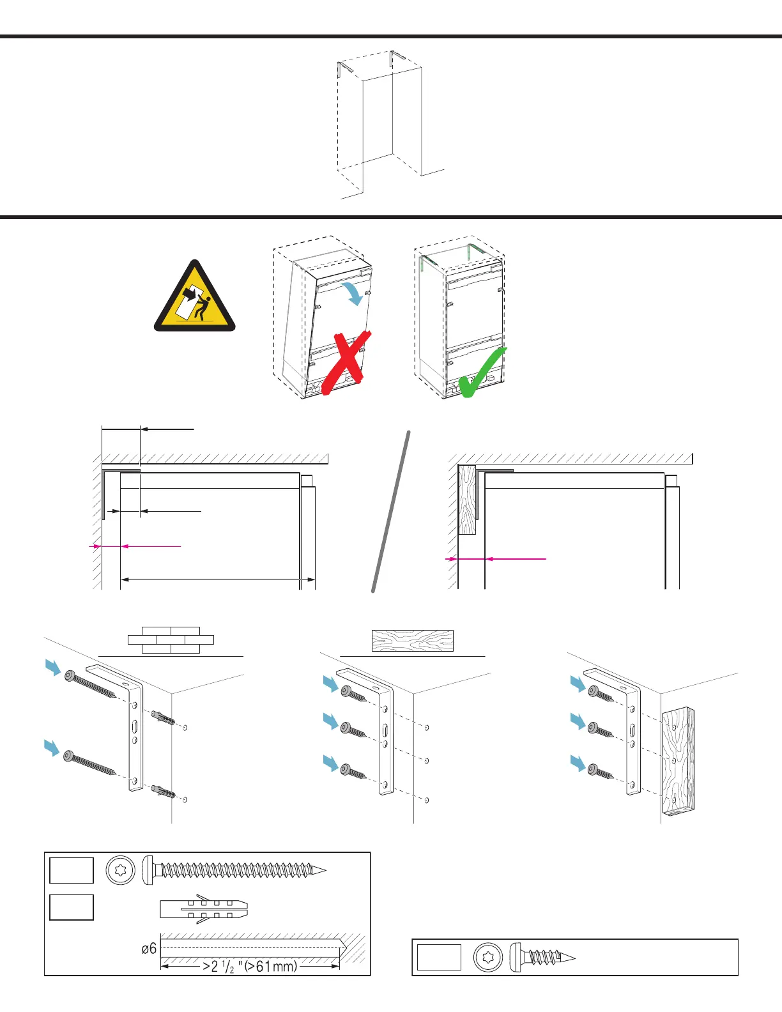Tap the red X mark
pos(346,362)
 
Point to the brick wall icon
pos(171,640)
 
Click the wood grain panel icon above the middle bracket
pos(413,641)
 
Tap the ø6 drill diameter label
pos(149,949)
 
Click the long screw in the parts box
pos(234,870)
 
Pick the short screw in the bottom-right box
pos(543,957)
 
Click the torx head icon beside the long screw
pos(121,870)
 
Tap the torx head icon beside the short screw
pos(489,957)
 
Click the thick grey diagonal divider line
pos(390,511)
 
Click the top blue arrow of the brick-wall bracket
pos(53,668)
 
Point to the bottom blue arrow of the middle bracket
pos(330,762)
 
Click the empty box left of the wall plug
pos(72,907)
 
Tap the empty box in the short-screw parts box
pos(439,957)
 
